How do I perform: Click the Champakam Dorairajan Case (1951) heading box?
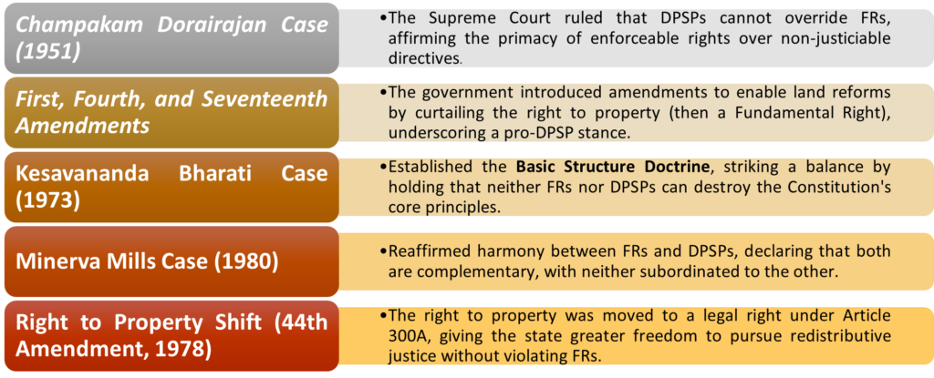click(x=171, y=38)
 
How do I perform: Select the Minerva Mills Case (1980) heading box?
click(x=171, y=261)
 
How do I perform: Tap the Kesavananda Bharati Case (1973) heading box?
click(x=171, y=188)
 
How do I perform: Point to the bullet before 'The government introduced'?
click(x=383, y=92)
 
